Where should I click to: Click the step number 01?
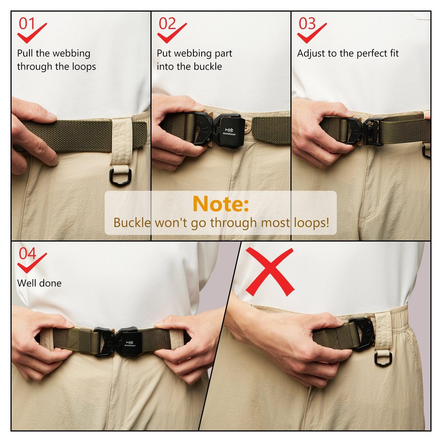click(x=27, y=24)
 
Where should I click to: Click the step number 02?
click(x=167, y=24)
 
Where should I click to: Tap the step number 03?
click(x=307, y=24)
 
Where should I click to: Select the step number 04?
click(x=27, y=254)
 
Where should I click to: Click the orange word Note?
click(x=221, y=204)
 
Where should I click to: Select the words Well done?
click(x=39, y=283)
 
